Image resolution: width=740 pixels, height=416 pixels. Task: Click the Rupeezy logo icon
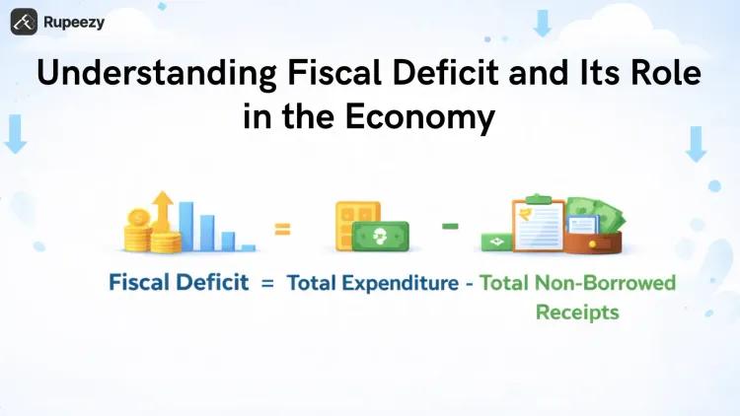point(25,20)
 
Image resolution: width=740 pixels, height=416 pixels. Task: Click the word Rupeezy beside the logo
point(73,21)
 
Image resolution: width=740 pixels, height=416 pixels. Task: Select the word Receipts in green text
point(577,312)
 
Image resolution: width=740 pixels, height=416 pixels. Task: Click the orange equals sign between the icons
point(283,230)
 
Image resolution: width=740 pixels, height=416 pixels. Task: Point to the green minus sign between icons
point(451,226)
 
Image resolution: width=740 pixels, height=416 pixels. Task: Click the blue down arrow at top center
point(542,23)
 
